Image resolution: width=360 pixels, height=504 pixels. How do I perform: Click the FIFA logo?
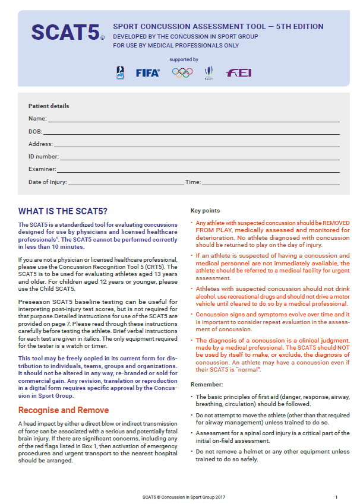(147, 73)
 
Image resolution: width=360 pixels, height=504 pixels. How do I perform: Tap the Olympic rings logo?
(182, 72)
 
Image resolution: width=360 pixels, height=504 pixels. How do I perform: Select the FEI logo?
(238, 73)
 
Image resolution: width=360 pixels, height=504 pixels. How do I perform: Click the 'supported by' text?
(184, 59)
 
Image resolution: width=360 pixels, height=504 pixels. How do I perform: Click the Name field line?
(190, 121)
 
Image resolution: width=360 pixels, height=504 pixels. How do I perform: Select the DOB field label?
(35, 132)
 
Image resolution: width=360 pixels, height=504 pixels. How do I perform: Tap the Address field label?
(40, 144)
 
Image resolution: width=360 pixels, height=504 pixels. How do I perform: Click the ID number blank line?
(199, 159)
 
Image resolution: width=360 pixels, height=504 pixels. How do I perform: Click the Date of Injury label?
(48, 182)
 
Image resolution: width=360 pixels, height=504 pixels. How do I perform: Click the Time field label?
(192, 182)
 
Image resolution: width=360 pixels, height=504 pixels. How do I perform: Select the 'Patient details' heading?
(49, 106)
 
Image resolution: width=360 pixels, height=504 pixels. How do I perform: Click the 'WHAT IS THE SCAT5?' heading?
(63, 211)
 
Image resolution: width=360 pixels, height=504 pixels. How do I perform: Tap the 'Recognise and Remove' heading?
(64, 410)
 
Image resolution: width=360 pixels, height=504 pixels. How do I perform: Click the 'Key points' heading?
(205, 211)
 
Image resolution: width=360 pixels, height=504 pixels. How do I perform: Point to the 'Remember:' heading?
(206, 385)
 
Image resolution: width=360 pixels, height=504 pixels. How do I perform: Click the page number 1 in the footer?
(336, 496)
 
